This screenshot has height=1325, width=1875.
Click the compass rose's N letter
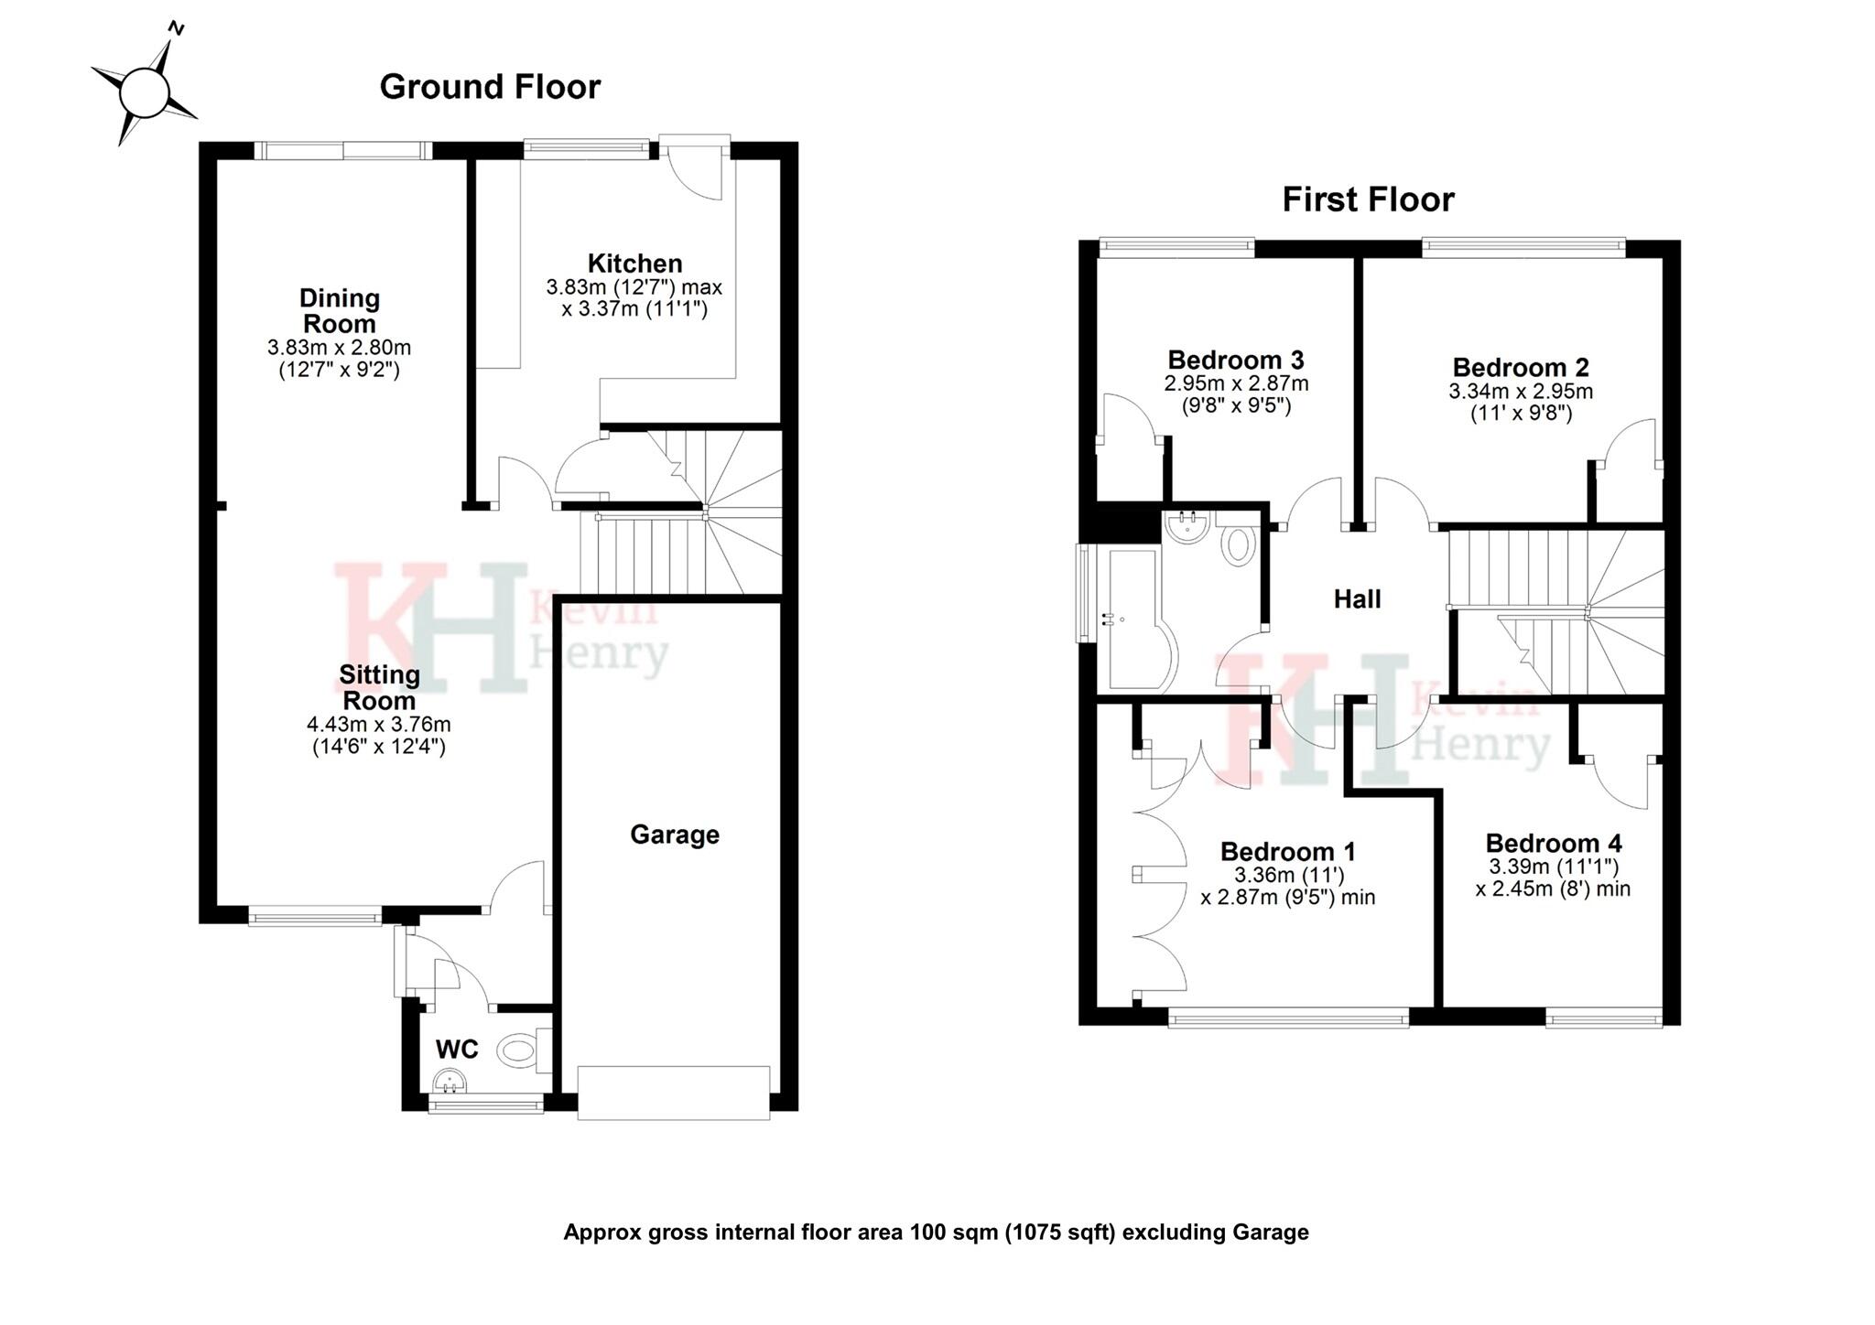point(178,29)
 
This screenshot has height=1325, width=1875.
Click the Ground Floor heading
point(490,87)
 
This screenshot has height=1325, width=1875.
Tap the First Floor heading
point(1368,199)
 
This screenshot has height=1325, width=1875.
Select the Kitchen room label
point(634,264)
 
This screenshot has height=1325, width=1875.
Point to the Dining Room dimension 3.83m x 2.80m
point(339,348)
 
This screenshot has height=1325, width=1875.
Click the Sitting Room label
point(379,687)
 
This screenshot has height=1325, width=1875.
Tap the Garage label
point(675,835)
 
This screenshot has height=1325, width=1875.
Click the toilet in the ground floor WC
point(522,1049)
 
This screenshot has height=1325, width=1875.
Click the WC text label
point(456,1050)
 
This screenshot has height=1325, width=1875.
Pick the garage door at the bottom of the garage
point(674,1092)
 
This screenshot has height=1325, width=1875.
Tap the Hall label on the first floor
point(1357,599)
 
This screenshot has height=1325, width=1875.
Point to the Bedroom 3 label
point(1235,360)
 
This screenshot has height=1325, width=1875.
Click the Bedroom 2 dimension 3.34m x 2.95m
point(1521,392)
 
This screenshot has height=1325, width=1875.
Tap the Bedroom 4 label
point(1554,843)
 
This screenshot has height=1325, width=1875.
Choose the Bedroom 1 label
point(1287,852)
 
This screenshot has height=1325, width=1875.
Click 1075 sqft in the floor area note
point(1060,1233)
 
